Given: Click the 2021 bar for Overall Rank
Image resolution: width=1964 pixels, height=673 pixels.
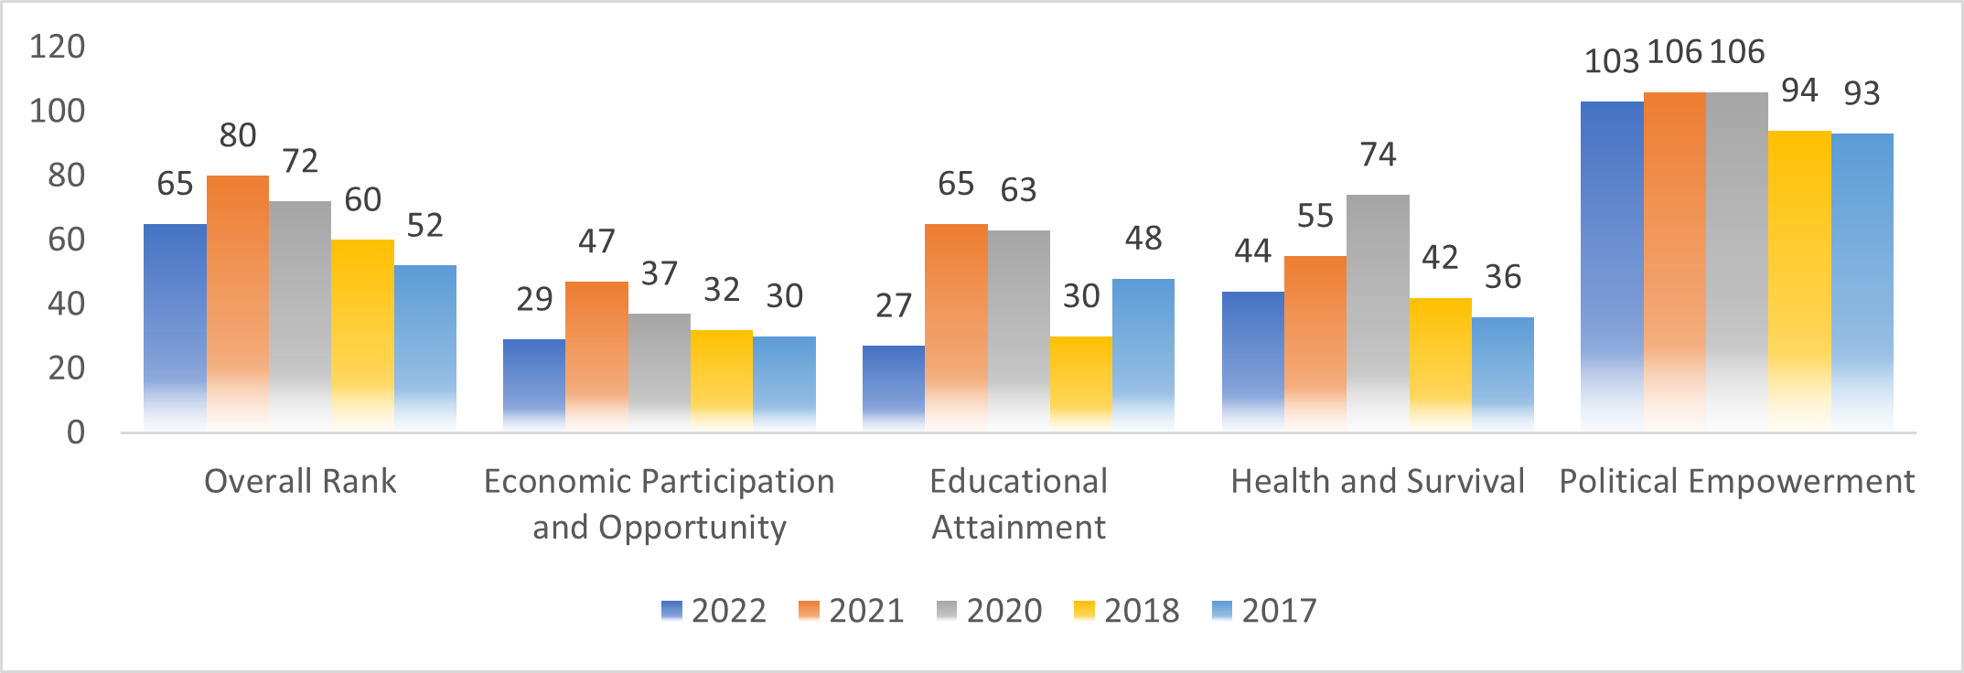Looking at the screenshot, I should click(238, 302).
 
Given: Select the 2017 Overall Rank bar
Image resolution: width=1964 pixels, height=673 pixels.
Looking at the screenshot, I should click(425, 347).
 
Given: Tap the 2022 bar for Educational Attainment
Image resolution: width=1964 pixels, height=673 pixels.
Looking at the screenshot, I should click(894, 388).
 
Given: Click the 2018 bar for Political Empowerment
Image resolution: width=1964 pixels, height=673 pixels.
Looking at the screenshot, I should click(1799, 280).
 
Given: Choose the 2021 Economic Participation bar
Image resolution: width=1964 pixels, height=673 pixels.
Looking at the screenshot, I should click(596, 356).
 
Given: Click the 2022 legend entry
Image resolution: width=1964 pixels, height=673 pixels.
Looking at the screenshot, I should click(714, 610).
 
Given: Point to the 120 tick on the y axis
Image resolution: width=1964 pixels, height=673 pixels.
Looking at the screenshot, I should click(58, 47).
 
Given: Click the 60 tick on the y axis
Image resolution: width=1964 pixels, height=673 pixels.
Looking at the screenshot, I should click(66, 240).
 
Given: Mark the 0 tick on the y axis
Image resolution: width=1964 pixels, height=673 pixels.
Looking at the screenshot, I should click(75, 432).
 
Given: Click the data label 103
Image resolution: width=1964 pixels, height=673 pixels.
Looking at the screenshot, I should click(1611, 61).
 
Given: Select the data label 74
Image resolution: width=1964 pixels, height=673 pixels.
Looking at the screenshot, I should click(1378, 155).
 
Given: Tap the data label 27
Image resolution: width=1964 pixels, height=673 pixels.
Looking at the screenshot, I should click(894, 305).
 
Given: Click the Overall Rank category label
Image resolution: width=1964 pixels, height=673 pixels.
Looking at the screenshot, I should click(300, 481).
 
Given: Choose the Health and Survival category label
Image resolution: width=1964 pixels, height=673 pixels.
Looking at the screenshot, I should click(1378, 481).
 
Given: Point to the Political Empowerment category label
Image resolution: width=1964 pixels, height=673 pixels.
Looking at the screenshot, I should click(1736, 481).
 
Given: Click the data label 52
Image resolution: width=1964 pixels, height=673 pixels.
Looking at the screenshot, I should click(425, 225).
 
